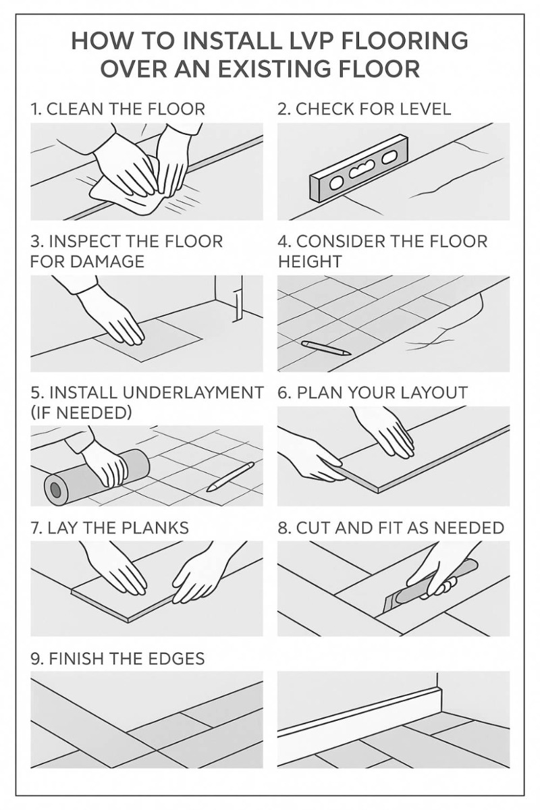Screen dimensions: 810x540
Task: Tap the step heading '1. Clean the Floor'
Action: point(118,109)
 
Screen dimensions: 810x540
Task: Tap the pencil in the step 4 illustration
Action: point(326,348)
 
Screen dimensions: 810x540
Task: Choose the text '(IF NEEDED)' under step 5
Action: point(81,412)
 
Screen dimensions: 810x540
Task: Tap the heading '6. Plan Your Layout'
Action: point(373,393)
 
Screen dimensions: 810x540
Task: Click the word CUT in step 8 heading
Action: point(315,528)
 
